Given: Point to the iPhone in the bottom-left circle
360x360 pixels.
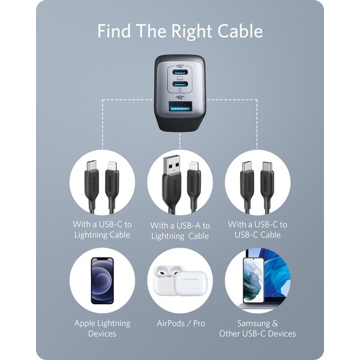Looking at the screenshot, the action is click(x=102, y=281).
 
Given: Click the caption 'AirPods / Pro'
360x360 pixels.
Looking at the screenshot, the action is click(x=180, y=323).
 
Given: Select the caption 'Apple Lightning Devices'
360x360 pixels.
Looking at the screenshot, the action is click(x=102, y=328).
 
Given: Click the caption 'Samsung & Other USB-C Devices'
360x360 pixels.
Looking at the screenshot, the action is click(x=257, y=328).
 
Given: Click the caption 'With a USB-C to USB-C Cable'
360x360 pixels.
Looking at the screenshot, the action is click(x=257, y=229).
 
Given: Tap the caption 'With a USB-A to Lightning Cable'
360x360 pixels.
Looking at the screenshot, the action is click(x=180, y=230).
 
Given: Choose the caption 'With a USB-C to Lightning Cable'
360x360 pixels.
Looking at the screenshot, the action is click(x=102, y=229).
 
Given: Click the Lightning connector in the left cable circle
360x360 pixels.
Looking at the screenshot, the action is click(x=112, y=166).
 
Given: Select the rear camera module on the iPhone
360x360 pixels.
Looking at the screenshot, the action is click(x=97, y=265).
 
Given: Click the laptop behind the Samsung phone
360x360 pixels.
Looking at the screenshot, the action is click(x=273, y=282).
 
